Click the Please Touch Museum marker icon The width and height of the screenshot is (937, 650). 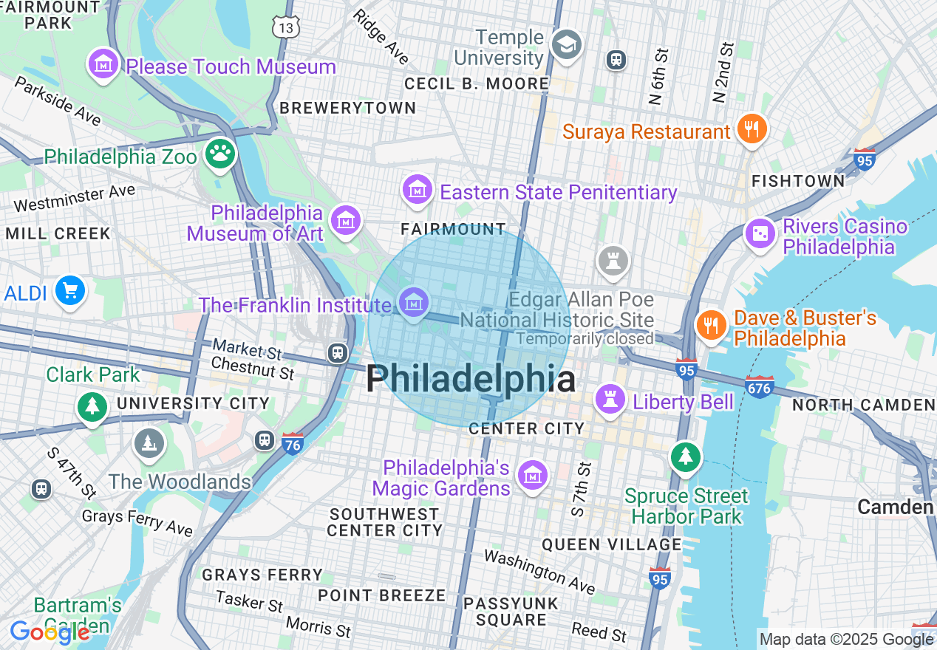(x=103, y=65)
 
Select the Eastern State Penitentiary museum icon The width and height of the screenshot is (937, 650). (x=418, y=191)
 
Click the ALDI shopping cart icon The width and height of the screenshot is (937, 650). (x=70, y=291)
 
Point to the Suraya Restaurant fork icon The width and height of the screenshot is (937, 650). (x=752, y=130)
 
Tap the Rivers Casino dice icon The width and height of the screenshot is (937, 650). (x=760, y=234)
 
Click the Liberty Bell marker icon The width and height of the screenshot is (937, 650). (x=610, y=400)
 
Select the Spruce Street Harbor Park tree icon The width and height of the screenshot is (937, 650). (x=686, y=456)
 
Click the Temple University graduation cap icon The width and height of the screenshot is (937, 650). (x=567, y=46)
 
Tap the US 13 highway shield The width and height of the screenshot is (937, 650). (x=285, y=27)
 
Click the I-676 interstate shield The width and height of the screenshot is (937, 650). (x=759, y=386)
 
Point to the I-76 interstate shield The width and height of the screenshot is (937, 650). (x=293, y=443)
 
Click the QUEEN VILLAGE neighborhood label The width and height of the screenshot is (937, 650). (x=611, y=545)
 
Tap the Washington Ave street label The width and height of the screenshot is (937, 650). (x=539, y=571)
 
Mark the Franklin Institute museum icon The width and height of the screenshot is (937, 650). (x=414, y=303)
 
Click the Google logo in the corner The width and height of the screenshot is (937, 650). (x=49, y=632)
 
